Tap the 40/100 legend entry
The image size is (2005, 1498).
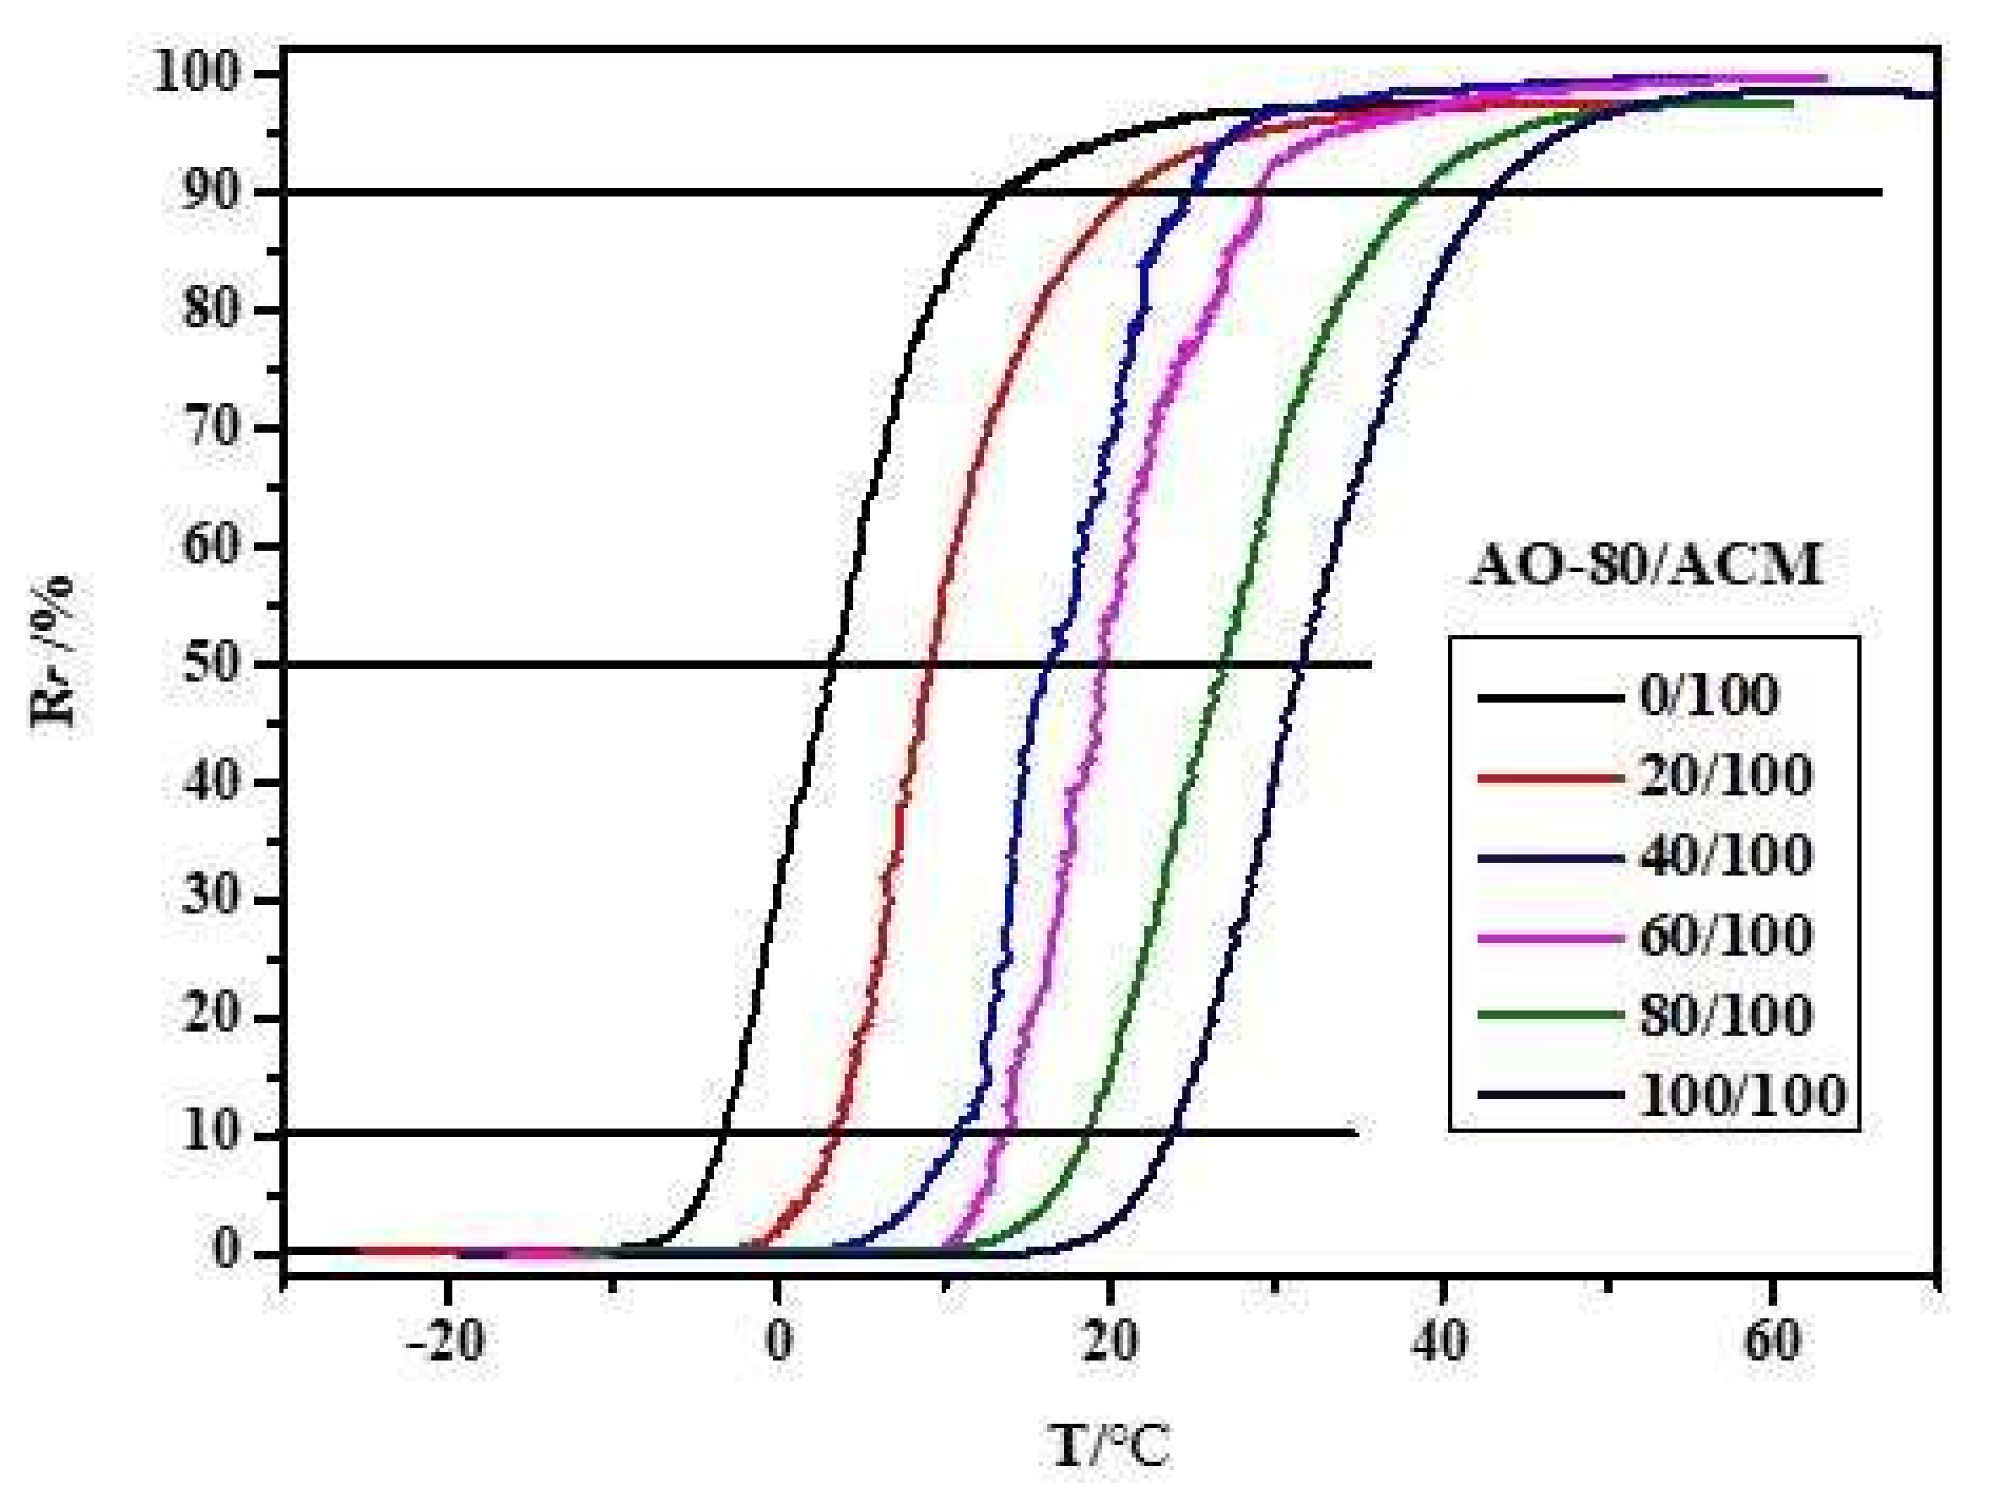(x=1725, y=855)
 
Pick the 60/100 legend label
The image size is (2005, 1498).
(x=1725, y=935)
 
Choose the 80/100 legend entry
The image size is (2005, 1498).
(x=1725, y=1015)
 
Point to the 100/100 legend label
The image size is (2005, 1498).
(x=1741, y=1095)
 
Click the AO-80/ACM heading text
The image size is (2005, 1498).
(x=1646, y=567)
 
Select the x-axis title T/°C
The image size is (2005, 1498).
(x=1110, y=1447)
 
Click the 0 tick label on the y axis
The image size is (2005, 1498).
(x=227, y=1251)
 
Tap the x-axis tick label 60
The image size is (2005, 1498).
(x=1772, y=1343)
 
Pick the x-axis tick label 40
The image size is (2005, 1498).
(x=1440, y=1343)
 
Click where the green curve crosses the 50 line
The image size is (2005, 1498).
(x=1224, y=665)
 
